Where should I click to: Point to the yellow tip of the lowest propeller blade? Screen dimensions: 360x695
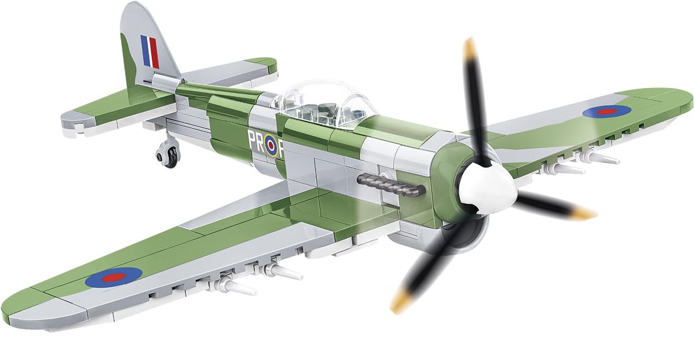tap(400, 303)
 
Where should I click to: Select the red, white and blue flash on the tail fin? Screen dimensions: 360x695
tap(149, 52)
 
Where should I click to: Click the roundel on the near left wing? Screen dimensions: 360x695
tap(114, 278)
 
